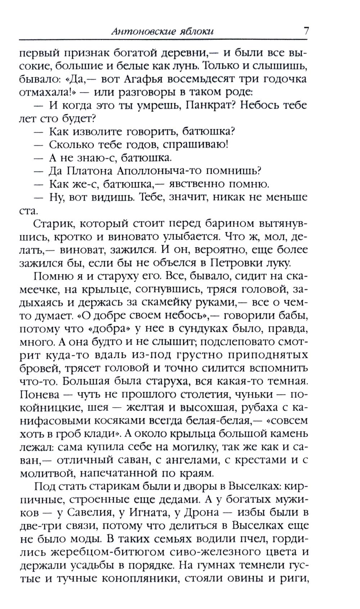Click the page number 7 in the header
306,31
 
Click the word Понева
39,394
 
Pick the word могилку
196,447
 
